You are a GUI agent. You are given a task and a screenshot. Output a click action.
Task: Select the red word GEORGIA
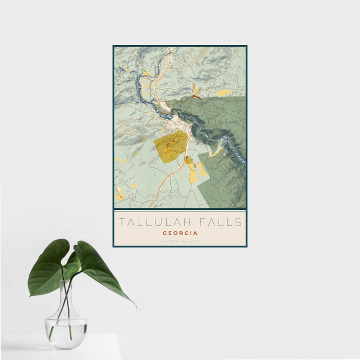[180, 232]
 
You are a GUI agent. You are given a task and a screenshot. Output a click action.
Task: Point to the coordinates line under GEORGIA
[180, 241]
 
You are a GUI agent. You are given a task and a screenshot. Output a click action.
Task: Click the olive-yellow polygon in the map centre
[171, 147]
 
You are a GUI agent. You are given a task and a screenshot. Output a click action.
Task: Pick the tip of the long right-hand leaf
[135, 307]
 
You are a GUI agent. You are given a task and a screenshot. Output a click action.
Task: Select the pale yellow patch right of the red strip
[224, 93]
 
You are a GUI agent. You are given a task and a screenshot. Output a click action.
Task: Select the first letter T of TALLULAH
[122, 222]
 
